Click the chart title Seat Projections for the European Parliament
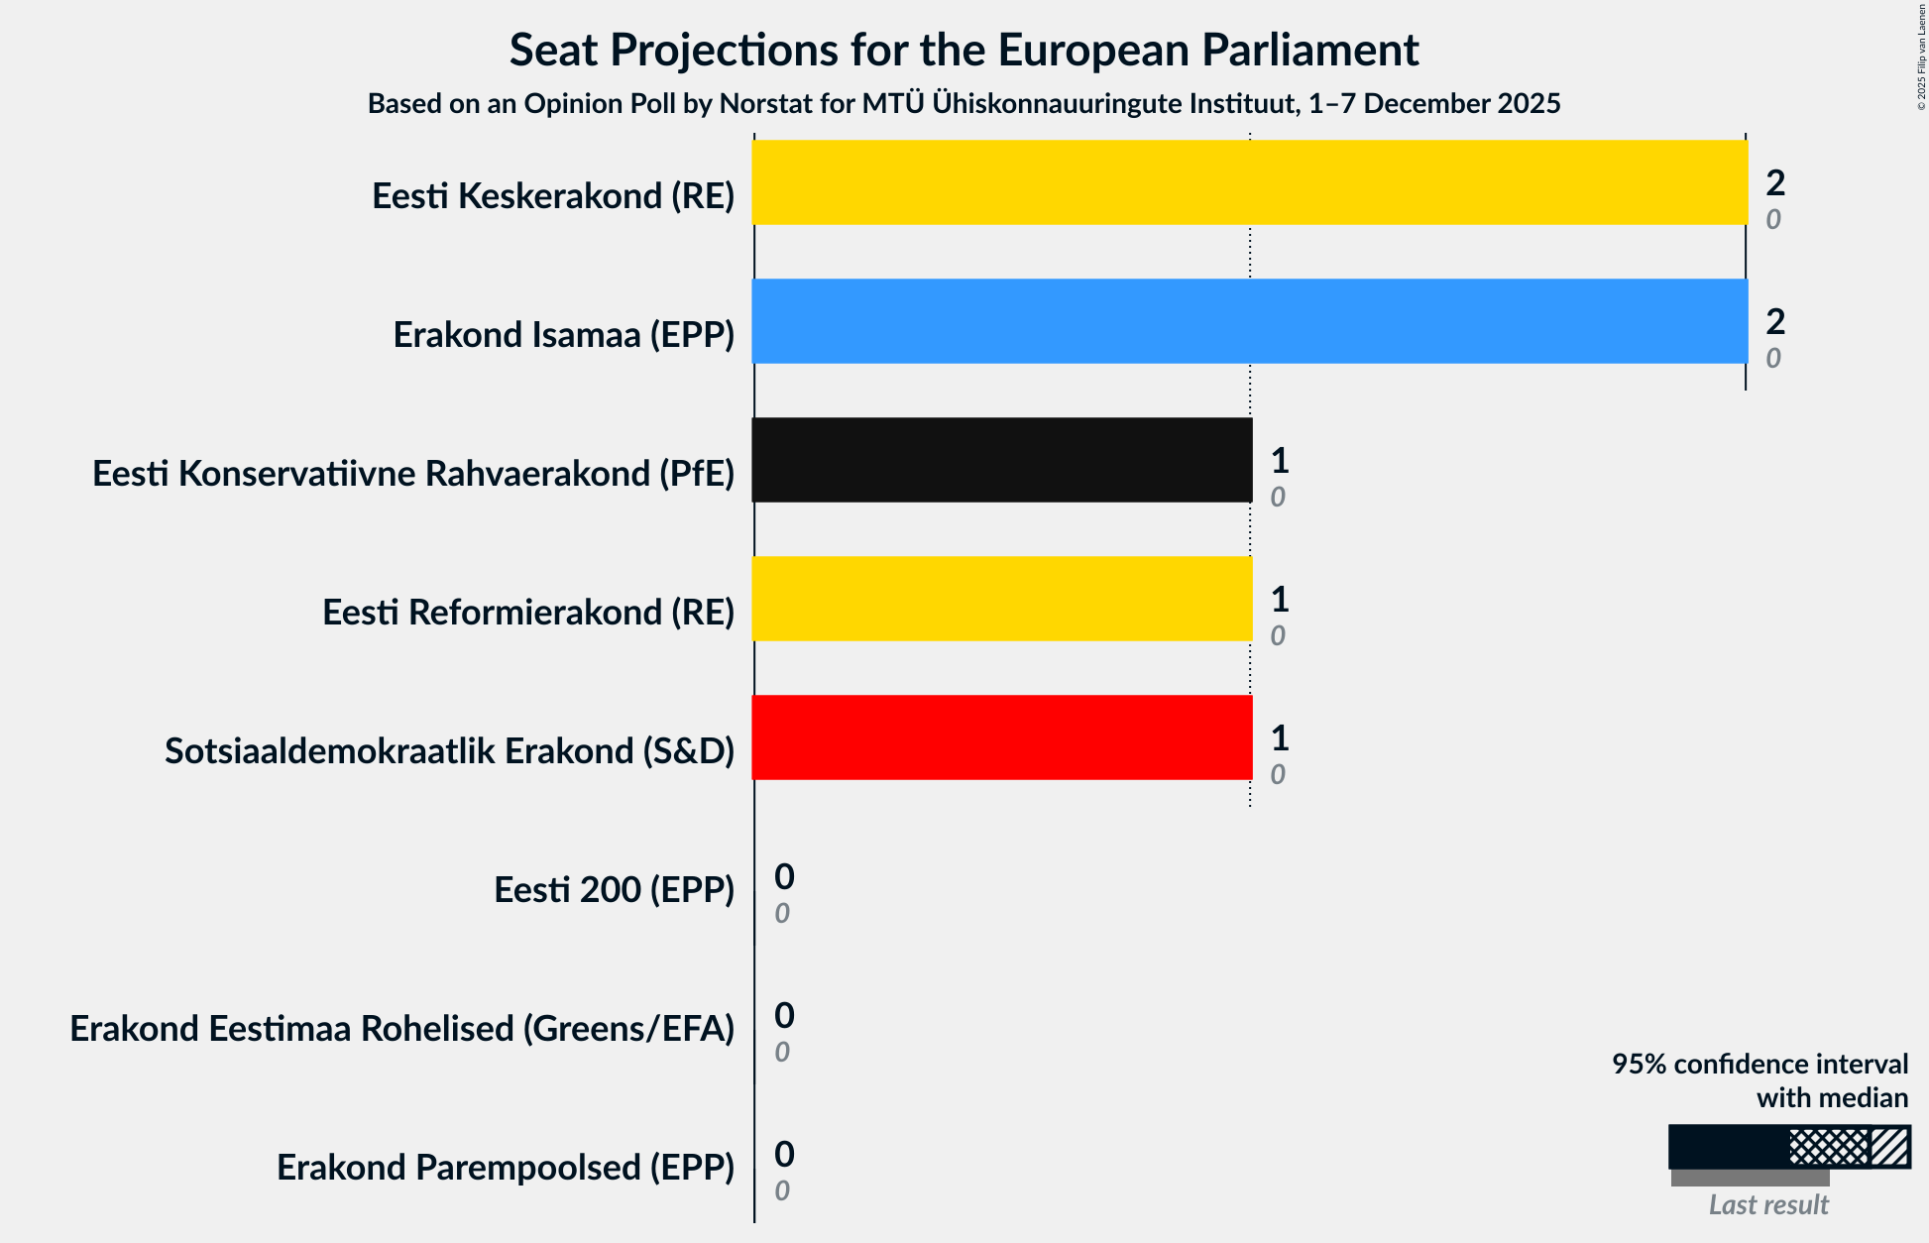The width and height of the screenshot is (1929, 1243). (x=964, y=51)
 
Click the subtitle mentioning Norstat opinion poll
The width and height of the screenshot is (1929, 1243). (x=964, y=104)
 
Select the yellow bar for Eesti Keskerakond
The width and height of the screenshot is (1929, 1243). (x=1249, y=182)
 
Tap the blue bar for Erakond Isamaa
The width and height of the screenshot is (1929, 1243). (x=1249, y=321)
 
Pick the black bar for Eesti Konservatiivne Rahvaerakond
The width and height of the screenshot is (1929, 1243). (x=1001, y=460)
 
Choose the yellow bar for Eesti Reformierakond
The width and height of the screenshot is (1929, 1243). (x=1001, y=599)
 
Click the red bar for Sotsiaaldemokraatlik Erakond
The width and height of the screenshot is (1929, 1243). (x=1001, y=737)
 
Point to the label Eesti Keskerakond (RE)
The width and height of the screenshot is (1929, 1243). (x=553, y=196)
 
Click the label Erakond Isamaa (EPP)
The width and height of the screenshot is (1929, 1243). (x=563, y=335)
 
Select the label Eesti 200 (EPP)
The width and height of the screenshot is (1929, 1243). (x=614, y=890)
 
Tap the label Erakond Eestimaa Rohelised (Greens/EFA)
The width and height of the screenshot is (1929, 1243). (x=401, y=1029)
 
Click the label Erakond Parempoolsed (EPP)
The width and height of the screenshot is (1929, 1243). (x=506, y=1168)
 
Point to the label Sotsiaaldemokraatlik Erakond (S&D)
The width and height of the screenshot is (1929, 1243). (x=449, y=751)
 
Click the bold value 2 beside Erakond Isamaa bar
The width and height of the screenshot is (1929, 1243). (x=1775, y=321)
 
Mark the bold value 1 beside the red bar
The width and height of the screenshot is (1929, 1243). (x=1280, y=737)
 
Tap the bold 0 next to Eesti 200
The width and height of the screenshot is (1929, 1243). (x=784, y=876)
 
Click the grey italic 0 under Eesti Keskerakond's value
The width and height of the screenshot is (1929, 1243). (x=1773, y=220)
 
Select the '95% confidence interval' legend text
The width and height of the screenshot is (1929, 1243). (x=1759, y=1065)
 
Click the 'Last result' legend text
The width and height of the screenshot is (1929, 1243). (x=1768, y=1205)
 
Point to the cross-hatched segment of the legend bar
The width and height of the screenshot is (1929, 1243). (x=1829, y=1147)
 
